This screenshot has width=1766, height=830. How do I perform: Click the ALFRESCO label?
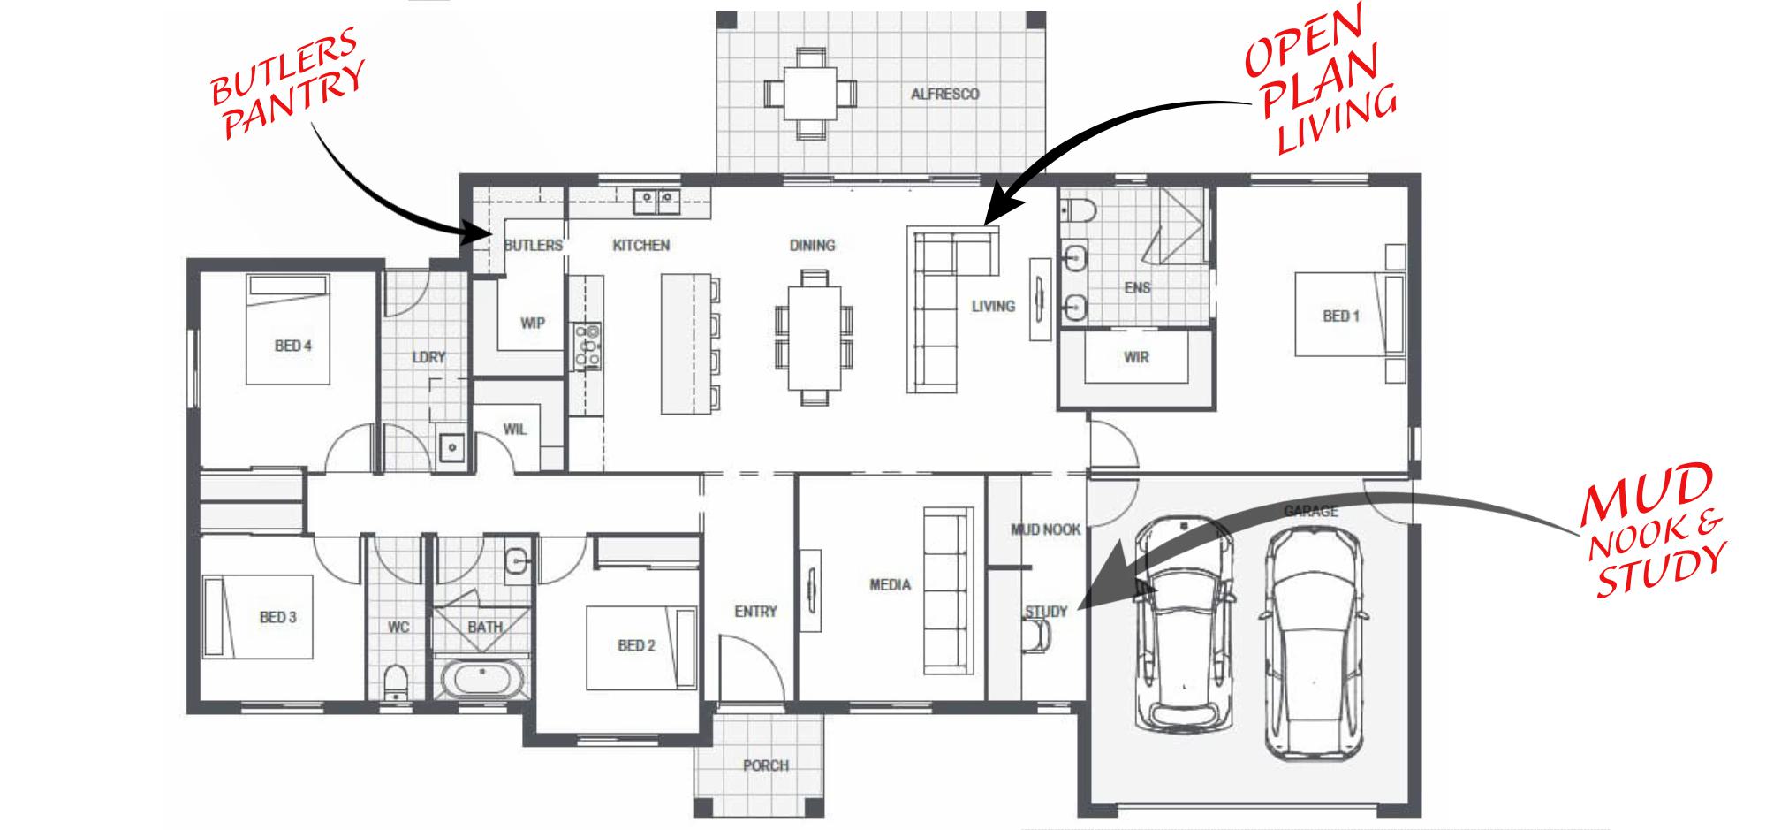click(944, 94)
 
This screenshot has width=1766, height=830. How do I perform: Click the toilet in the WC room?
click(397, 682)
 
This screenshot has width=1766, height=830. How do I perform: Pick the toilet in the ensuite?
click(1079, 210)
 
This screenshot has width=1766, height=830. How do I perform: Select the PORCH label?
click(765, 765)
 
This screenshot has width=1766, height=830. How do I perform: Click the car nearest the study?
click(1184, 623)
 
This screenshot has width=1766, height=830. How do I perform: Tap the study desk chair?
click(1036, 635)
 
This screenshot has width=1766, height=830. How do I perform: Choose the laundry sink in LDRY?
click(452, 447)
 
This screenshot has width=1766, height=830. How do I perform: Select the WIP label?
click(532, 324)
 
